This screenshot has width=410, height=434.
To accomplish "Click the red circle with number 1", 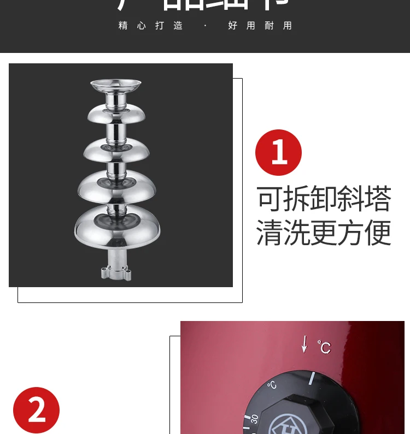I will coord(278,152).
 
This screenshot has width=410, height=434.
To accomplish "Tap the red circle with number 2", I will coord(36,410).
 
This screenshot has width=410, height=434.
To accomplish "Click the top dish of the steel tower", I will coord(116,85).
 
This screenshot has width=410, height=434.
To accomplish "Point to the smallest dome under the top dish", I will coord(116,114).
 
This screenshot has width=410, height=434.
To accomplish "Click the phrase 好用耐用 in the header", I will coord(260,26).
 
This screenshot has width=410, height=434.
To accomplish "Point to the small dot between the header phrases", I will coord(205,26).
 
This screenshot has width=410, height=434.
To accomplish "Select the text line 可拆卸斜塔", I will coord(324,199).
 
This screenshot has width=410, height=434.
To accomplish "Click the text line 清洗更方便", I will coord(324,233).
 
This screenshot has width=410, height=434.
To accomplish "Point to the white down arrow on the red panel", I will coord(304,344).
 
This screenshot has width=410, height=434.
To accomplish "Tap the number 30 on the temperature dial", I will coord(254,419).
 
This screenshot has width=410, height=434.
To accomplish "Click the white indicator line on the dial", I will coord(312,379).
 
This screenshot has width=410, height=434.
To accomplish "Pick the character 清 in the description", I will coord(270,233).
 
